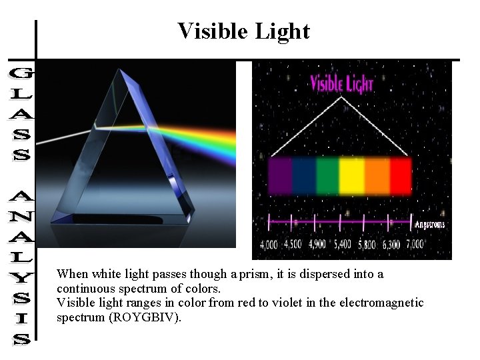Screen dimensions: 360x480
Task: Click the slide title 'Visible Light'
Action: pyautogui.click(x=243, y=31)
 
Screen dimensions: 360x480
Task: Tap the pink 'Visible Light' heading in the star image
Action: pyautogui.click(x=342, y=85)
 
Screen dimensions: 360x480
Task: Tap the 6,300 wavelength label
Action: pyautogui.click(x=391, y=245)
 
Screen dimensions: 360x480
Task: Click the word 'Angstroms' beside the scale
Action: pyautogui.click(x=430, y=225)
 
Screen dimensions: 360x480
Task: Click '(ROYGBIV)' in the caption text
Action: pyautogui.click(x=146, y=317)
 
